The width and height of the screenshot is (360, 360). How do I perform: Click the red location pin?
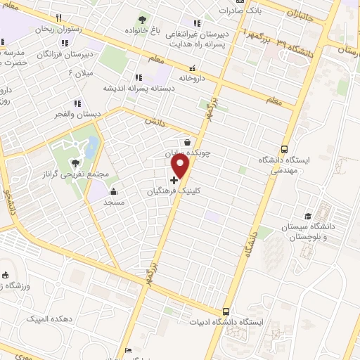(181, 166)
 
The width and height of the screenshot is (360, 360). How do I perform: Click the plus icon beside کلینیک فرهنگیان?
(174, 180)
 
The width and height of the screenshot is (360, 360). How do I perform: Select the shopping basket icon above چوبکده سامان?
(187, 141)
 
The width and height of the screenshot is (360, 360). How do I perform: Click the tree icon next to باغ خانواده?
(143, 20)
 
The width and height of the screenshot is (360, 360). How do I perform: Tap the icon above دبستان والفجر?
(77, 103)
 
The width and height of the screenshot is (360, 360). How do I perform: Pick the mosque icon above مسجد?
(113, 191)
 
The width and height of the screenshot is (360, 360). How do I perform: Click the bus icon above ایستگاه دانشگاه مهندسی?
(284, 149)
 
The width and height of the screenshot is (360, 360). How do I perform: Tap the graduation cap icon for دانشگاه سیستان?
(307, 216)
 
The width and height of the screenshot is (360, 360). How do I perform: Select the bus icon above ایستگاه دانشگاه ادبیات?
(226, 311)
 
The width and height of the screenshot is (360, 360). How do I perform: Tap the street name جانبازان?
(300, 12)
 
